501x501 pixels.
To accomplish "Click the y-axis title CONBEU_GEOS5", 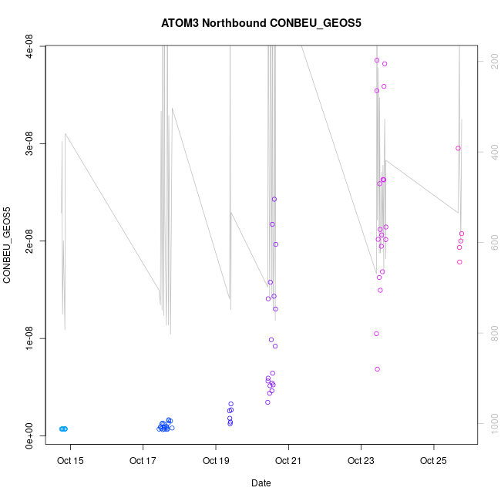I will click(x=8, y=245).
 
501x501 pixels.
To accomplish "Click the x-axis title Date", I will click(x=261, y=483).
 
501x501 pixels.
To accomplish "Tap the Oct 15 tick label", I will click(x=70, y=462).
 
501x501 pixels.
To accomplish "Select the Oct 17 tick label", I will click(x=143, y=462).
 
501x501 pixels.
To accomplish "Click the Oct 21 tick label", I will click(x=288, y=462).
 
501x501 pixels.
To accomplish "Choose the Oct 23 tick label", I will click(x=361, y=462).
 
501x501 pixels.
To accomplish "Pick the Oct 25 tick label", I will click(x=433, y=462).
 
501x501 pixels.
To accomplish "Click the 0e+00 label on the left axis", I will click(x=29, y=435).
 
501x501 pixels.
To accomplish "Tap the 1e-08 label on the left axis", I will click(x=29, y=338).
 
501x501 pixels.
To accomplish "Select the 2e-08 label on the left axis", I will click(x=29, y=241).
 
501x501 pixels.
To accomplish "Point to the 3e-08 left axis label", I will click(x=29, y=144).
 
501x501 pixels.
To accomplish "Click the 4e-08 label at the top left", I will click(x=29, y=47).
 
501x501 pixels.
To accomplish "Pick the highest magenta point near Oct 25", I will click(x=458, y=148).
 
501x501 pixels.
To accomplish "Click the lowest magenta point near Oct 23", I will click(x=377, y=369).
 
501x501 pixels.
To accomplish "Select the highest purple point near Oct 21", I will click(x=274, y=199).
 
